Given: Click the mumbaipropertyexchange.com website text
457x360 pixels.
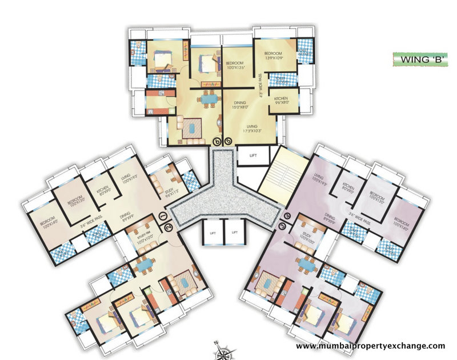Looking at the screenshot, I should [370, 346].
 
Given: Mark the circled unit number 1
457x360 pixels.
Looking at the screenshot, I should [163, 217].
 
